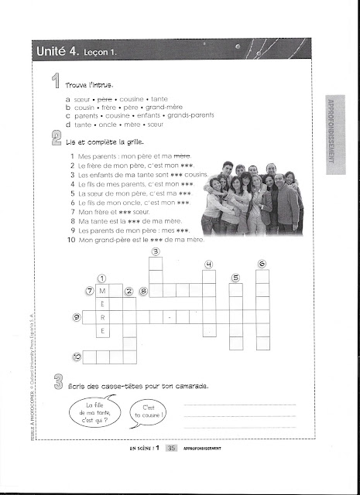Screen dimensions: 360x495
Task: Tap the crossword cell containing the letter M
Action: [x=103, y=291]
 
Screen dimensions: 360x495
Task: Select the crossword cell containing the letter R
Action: [x=103, y=317]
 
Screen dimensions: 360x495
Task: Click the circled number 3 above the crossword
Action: [x=156, y=251]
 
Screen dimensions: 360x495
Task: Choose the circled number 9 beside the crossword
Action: [x=76, y=317]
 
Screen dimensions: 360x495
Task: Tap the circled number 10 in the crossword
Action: [x=77, y=357]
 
